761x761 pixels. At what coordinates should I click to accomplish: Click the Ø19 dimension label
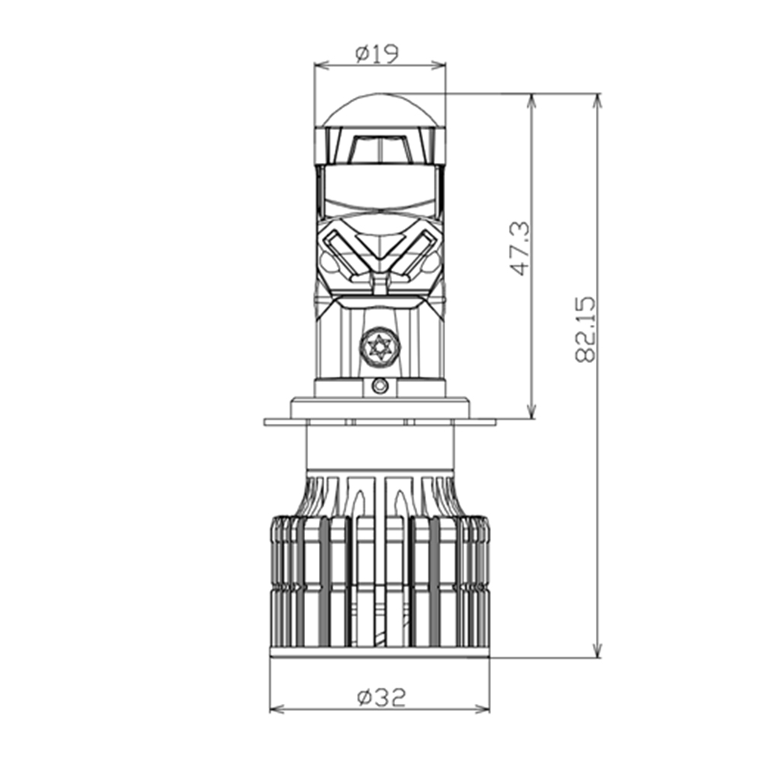(x=378, y=53)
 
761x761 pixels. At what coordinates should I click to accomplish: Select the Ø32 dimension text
(x=380, y=696)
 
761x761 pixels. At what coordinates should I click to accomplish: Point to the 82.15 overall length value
(x=586, y=329)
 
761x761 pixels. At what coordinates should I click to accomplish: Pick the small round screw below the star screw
(x=380, y=387)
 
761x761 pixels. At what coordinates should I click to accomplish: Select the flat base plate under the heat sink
(x=380, y=652)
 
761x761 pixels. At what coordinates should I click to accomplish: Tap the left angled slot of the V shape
(x=342, y=251)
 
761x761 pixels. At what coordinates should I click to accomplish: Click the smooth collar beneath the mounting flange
(x=380, y=447)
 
